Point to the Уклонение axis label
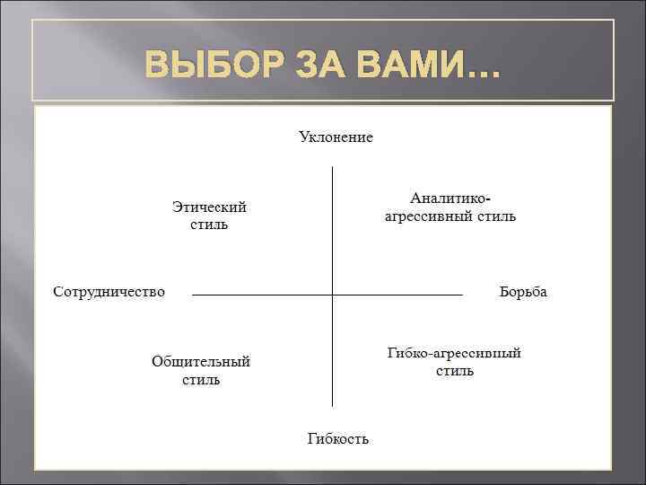(336, 137)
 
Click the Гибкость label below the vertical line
(337, 438)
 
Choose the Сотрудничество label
(109, 293)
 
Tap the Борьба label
(522, 293)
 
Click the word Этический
(209, 207)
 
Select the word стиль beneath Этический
(209, 224)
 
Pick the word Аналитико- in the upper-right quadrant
(450, 198)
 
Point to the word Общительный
(201, 362)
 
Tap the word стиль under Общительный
(201, 380)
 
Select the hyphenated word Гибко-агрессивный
(454, 353)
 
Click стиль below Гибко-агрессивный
(455, 371)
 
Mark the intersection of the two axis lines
(332, 295)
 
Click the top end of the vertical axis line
(332, 168)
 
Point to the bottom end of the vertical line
(332, 406)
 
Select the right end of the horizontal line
(461, 295)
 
